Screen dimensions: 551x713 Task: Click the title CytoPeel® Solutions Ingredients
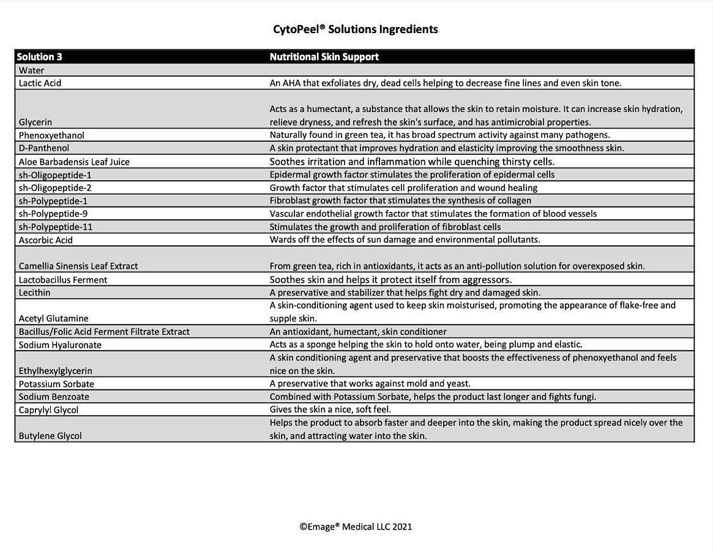point(355,29)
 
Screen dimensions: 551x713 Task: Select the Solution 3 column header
point(40,57)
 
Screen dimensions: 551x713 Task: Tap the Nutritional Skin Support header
point(324,57)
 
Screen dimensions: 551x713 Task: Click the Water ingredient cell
point(31,70)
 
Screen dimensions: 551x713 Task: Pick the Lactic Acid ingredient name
point(40,83)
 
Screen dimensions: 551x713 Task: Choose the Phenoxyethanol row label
point(51,135)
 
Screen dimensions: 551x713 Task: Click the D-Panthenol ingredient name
point(44,148)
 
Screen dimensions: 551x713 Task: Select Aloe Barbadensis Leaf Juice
point(74,162)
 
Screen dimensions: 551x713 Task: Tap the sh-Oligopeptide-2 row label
point(55,188)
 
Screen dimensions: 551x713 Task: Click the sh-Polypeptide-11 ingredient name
point(56,227)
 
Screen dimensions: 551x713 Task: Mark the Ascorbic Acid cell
point(46,240)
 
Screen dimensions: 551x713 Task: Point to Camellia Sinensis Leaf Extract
point(78,266)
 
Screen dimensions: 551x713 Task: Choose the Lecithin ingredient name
point(35,293)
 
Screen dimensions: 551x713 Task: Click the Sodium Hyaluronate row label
point(60,345)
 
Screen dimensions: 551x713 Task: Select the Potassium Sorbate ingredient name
point(56,384)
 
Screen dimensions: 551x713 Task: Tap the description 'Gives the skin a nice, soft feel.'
point(330,410)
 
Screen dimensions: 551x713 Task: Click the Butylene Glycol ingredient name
point(50,436)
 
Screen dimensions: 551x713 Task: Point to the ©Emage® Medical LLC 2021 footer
point(356,527)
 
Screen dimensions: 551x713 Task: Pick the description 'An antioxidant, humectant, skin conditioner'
point(358,332)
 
